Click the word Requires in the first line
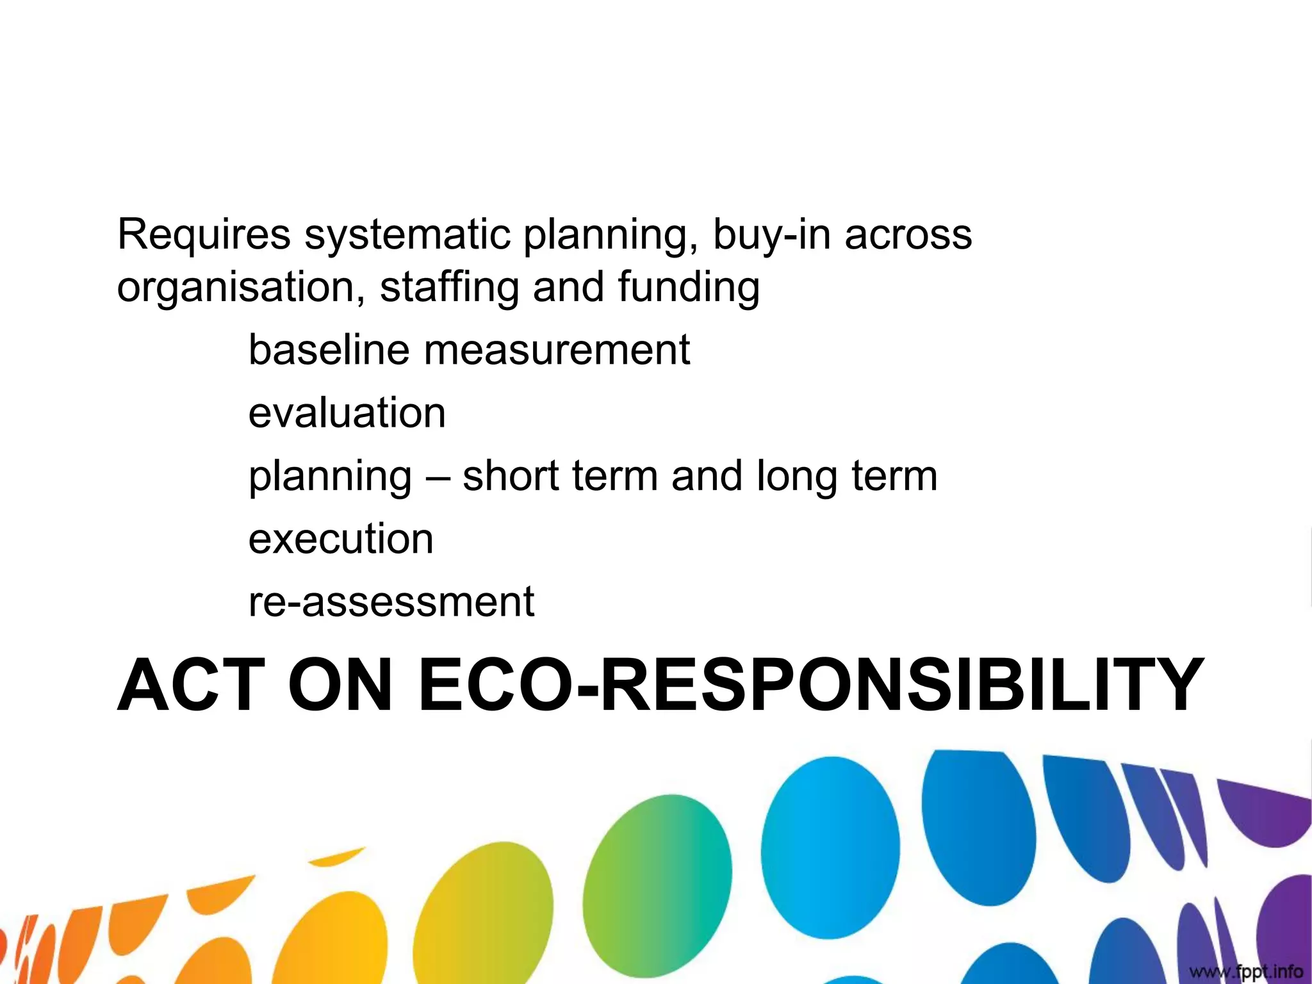204,234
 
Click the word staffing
449,288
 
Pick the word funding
689,288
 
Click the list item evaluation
347,413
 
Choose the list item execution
341,539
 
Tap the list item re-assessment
391,602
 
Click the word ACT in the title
191,685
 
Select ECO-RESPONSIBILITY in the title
811,685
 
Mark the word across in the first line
908,234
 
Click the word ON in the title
340,685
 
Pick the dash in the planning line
437,477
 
